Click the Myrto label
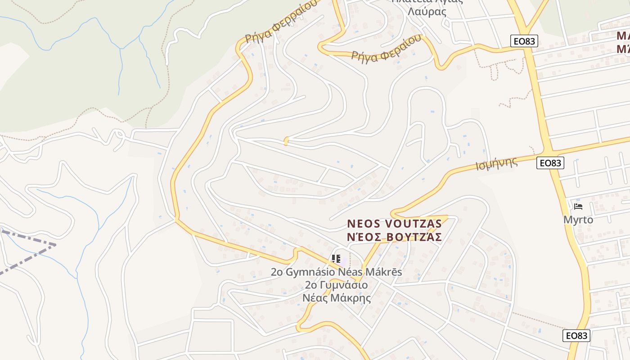coord(578,220)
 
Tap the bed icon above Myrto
coord(578,207)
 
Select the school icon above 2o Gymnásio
coord(336,259)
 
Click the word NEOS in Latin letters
coord(363,224)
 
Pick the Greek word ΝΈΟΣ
coord(363,237)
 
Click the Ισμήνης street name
coord(496,164)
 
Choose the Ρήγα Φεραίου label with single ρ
coord(387,49)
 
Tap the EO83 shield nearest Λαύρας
coord(525,41)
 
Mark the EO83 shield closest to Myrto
coord(550,163)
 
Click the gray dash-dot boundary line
coord(27,259)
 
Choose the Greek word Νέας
coord(317,298)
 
